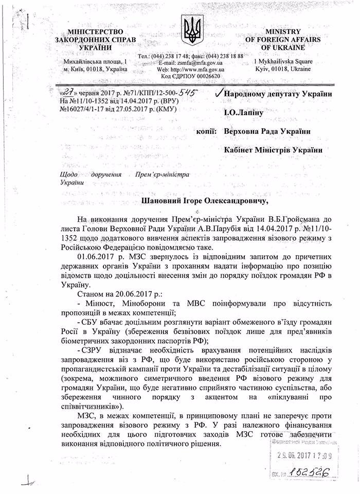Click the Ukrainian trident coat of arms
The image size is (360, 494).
pos(193,29)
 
